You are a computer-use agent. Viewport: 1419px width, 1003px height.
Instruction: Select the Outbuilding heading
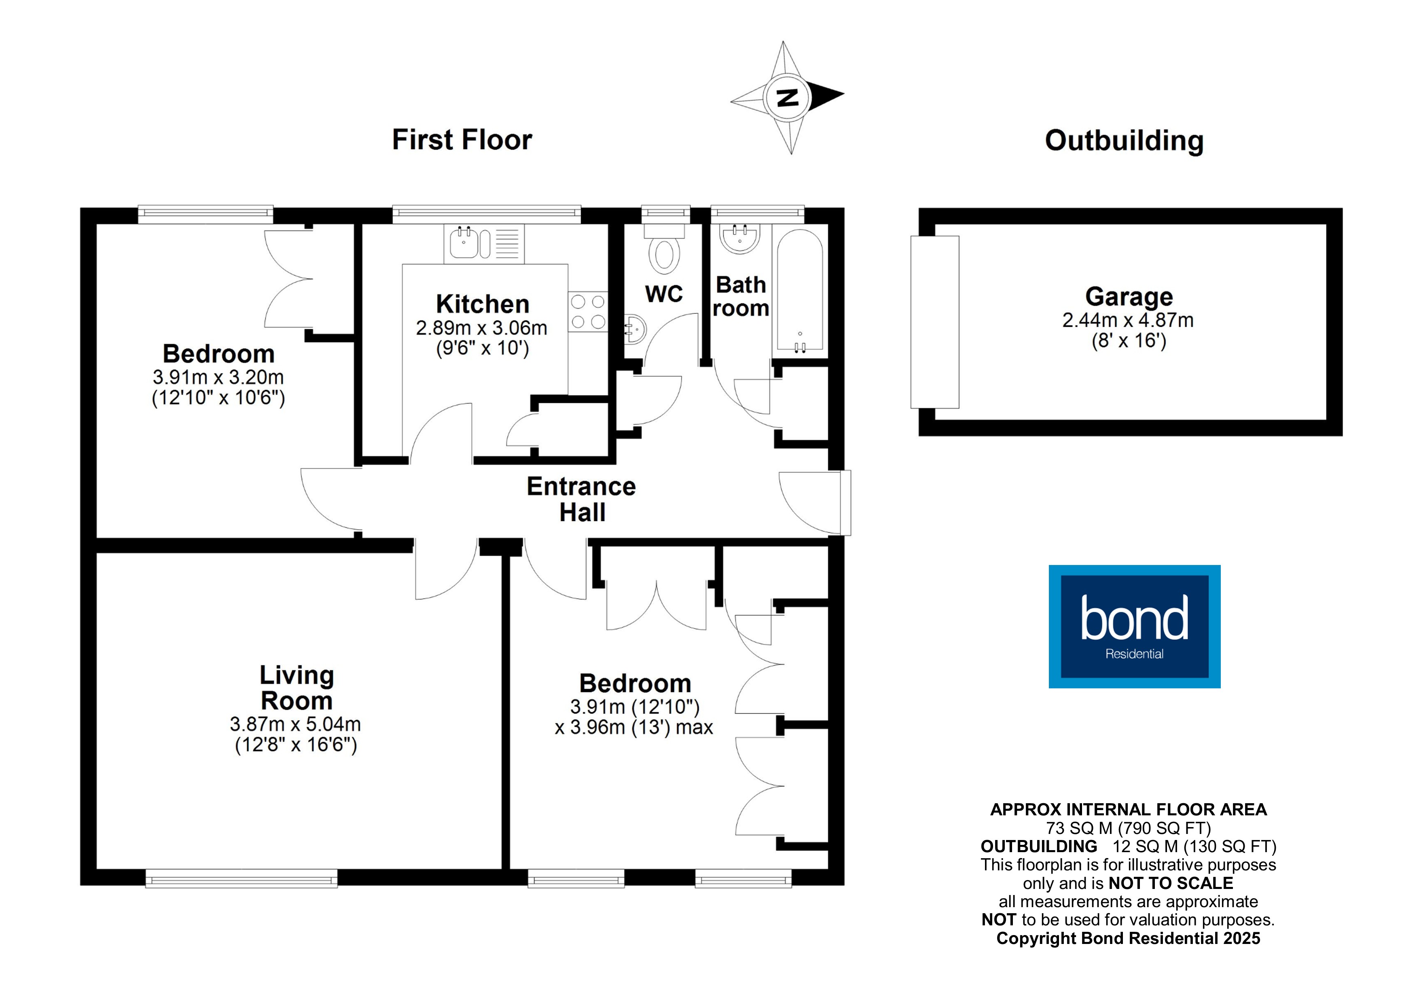click(1124, 140)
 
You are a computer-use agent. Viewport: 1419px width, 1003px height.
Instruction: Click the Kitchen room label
click(482, 304)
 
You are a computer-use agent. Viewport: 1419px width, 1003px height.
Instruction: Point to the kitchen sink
click(464, 243)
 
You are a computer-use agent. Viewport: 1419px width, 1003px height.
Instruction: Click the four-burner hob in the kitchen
click(588, 311)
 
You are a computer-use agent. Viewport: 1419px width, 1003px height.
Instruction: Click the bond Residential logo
click(1134, 626)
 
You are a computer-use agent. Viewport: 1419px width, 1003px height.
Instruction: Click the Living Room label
click(297, 688)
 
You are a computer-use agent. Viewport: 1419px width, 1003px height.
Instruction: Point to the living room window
click(241, 878)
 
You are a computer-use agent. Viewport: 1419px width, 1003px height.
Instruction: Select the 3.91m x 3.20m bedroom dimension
click(218, 377)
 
